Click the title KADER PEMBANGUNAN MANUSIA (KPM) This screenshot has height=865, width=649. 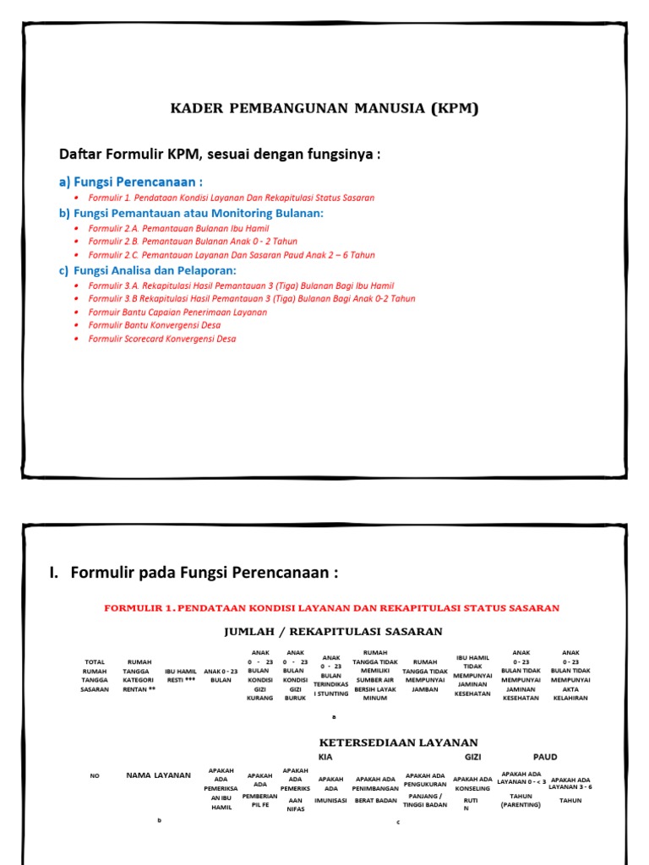324,108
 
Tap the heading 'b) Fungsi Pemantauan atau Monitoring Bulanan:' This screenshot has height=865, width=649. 191,213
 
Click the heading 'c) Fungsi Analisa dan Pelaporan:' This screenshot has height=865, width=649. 148,270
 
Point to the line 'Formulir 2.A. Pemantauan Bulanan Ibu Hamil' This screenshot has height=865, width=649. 172,228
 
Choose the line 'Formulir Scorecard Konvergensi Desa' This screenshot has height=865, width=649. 162,339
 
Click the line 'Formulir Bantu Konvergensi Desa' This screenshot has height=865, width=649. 154,325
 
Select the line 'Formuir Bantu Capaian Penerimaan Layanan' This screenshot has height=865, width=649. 177,312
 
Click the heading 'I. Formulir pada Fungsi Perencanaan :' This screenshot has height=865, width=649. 194,574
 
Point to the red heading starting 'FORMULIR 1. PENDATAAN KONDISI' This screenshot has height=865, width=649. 331,608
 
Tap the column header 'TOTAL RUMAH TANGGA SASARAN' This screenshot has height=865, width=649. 95,675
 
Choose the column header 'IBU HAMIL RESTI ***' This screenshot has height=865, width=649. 180,675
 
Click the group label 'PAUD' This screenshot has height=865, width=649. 545,757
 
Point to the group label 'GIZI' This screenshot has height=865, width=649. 472,757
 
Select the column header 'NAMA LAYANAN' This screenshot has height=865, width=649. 159,775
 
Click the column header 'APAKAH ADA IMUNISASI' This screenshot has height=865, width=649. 331,789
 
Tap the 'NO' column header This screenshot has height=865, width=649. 95,775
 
